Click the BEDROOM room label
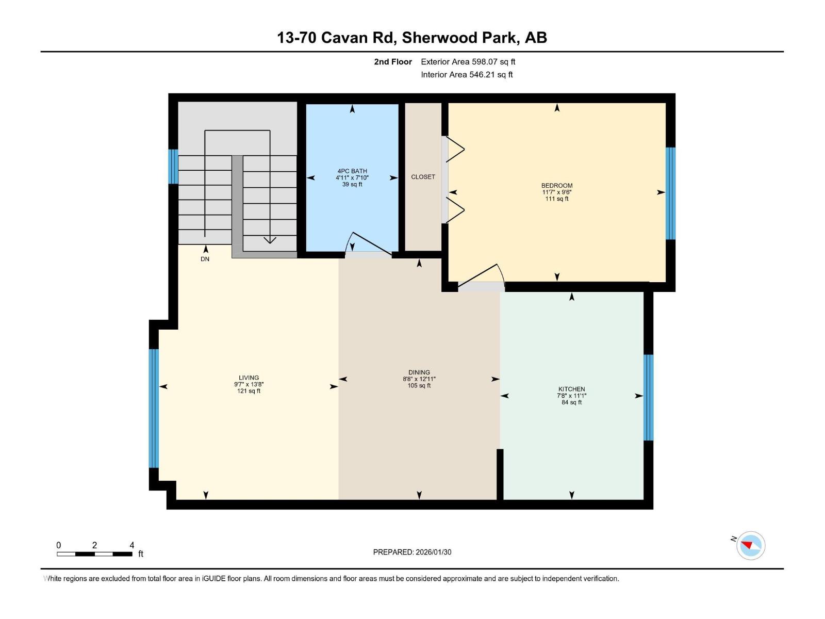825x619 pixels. pyautogui.click(x=556, y=185)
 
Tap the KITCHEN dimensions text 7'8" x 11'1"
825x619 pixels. pyautogui.click(x=571, y=396)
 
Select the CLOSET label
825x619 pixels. pyautogui.click(x=423, y=176)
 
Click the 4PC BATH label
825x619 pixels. pyautogui.click(x=352, y=171)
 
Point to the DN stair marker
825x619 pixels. pyautogui.click(x=205, y=259)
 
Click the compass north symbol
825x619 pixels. pyautogui.click(x=751, y=546)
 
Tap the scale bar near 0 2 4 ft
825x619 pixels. pyautogui.click(x=94, y=554)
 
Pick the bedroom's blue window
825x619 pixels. pyautogui.click(x=670, y=193)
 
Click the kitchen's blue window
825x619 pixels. pyautogui.click(x=649, y=397)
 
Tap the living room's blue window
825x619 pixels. pyautogui.click(x=154, y=408)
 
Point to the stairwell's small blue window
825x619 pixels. pyautogui.click(x=174, y=167)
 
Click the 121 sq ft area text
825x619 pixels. pyautogui.click(x=249, y=391)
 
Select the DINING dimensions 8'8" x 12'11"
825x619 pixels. pyautogui.click(x=419, y=379)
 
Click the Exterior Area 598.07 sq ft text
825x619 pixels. pyautogui.click(x=468, y=61)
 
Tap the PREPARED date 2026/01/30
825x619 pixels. pyautogui.click(x=412, y=552)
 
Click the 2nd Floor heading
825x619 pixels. pyautogui.click(x=393, y=61)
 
